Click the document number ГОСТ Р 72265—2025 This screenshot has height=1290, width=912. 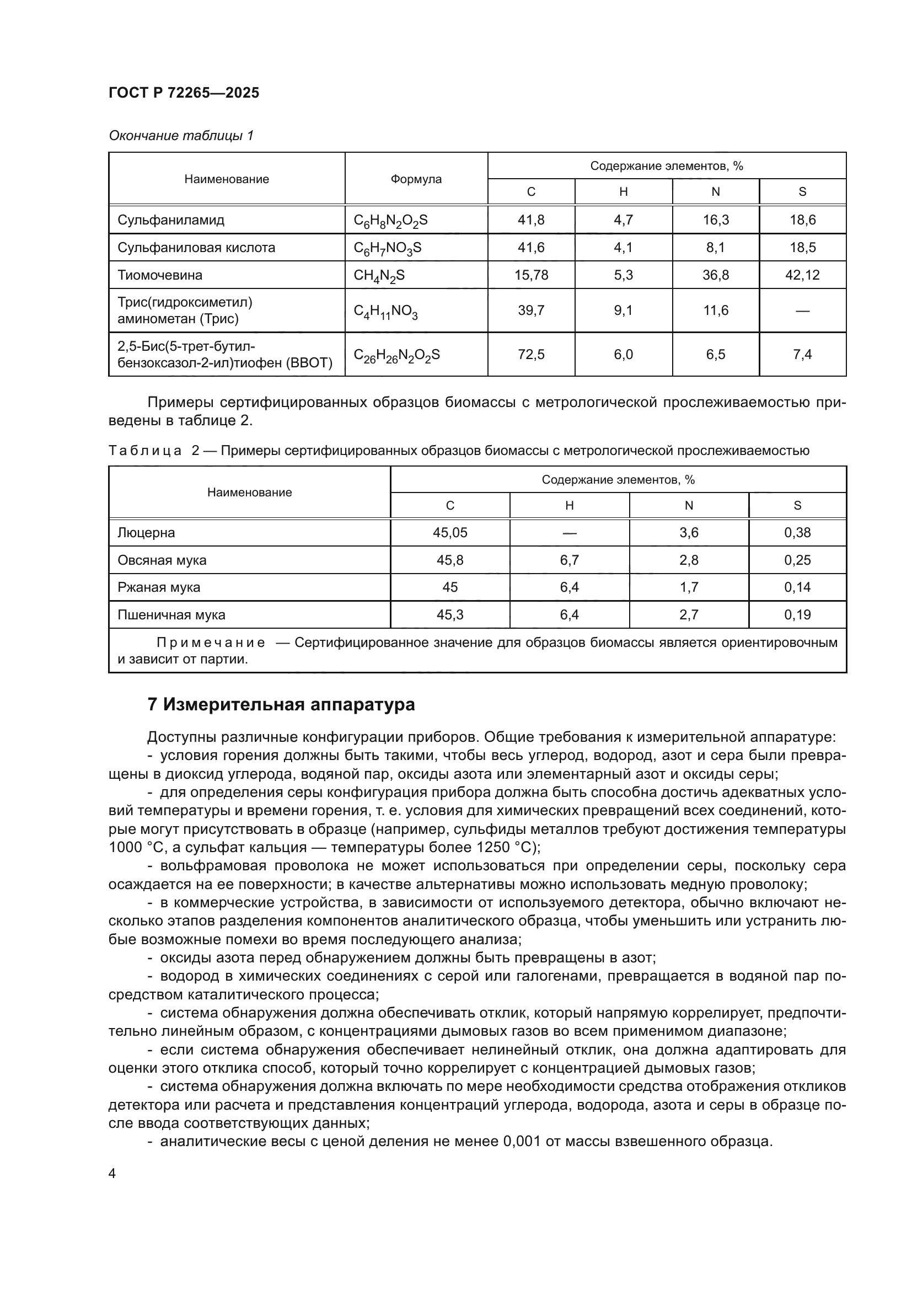(184, 93)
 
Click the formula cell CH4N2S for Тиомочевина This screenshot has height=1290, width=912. (379, 275)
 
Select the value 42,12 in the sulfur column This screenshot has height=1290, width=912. (802, 275)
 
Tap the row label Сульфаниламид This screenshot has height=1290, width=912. (171, 220)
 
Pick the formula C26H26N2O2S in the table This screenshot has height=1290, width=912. (396, 355)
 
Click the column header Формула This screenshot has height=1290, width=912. (416, 179)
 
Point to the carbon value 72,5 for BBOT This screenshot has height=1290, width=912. (530, 355)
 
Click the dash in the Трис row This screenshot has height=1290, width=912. (802, 311)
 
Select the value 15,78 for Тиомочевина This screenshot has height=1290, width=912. (530, 275)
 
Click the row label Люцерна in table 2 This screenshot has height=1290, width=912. (146, 533)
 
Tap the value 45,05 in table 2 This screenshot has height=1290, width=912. (450, 533)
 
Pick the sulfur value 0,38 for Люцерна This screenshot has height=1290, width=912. (797, 533)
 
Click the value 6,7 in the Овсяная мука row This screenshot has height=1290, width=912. (569, 560)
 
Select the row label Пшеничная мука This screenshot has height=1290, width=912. (171, 615)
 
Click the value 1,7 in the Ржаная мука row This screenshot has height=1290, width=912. (689, 588)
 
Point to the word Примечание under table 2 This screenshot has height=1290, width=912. (211, 643)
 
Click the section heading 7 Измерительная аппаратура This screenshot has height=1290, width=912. (281, 704)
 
